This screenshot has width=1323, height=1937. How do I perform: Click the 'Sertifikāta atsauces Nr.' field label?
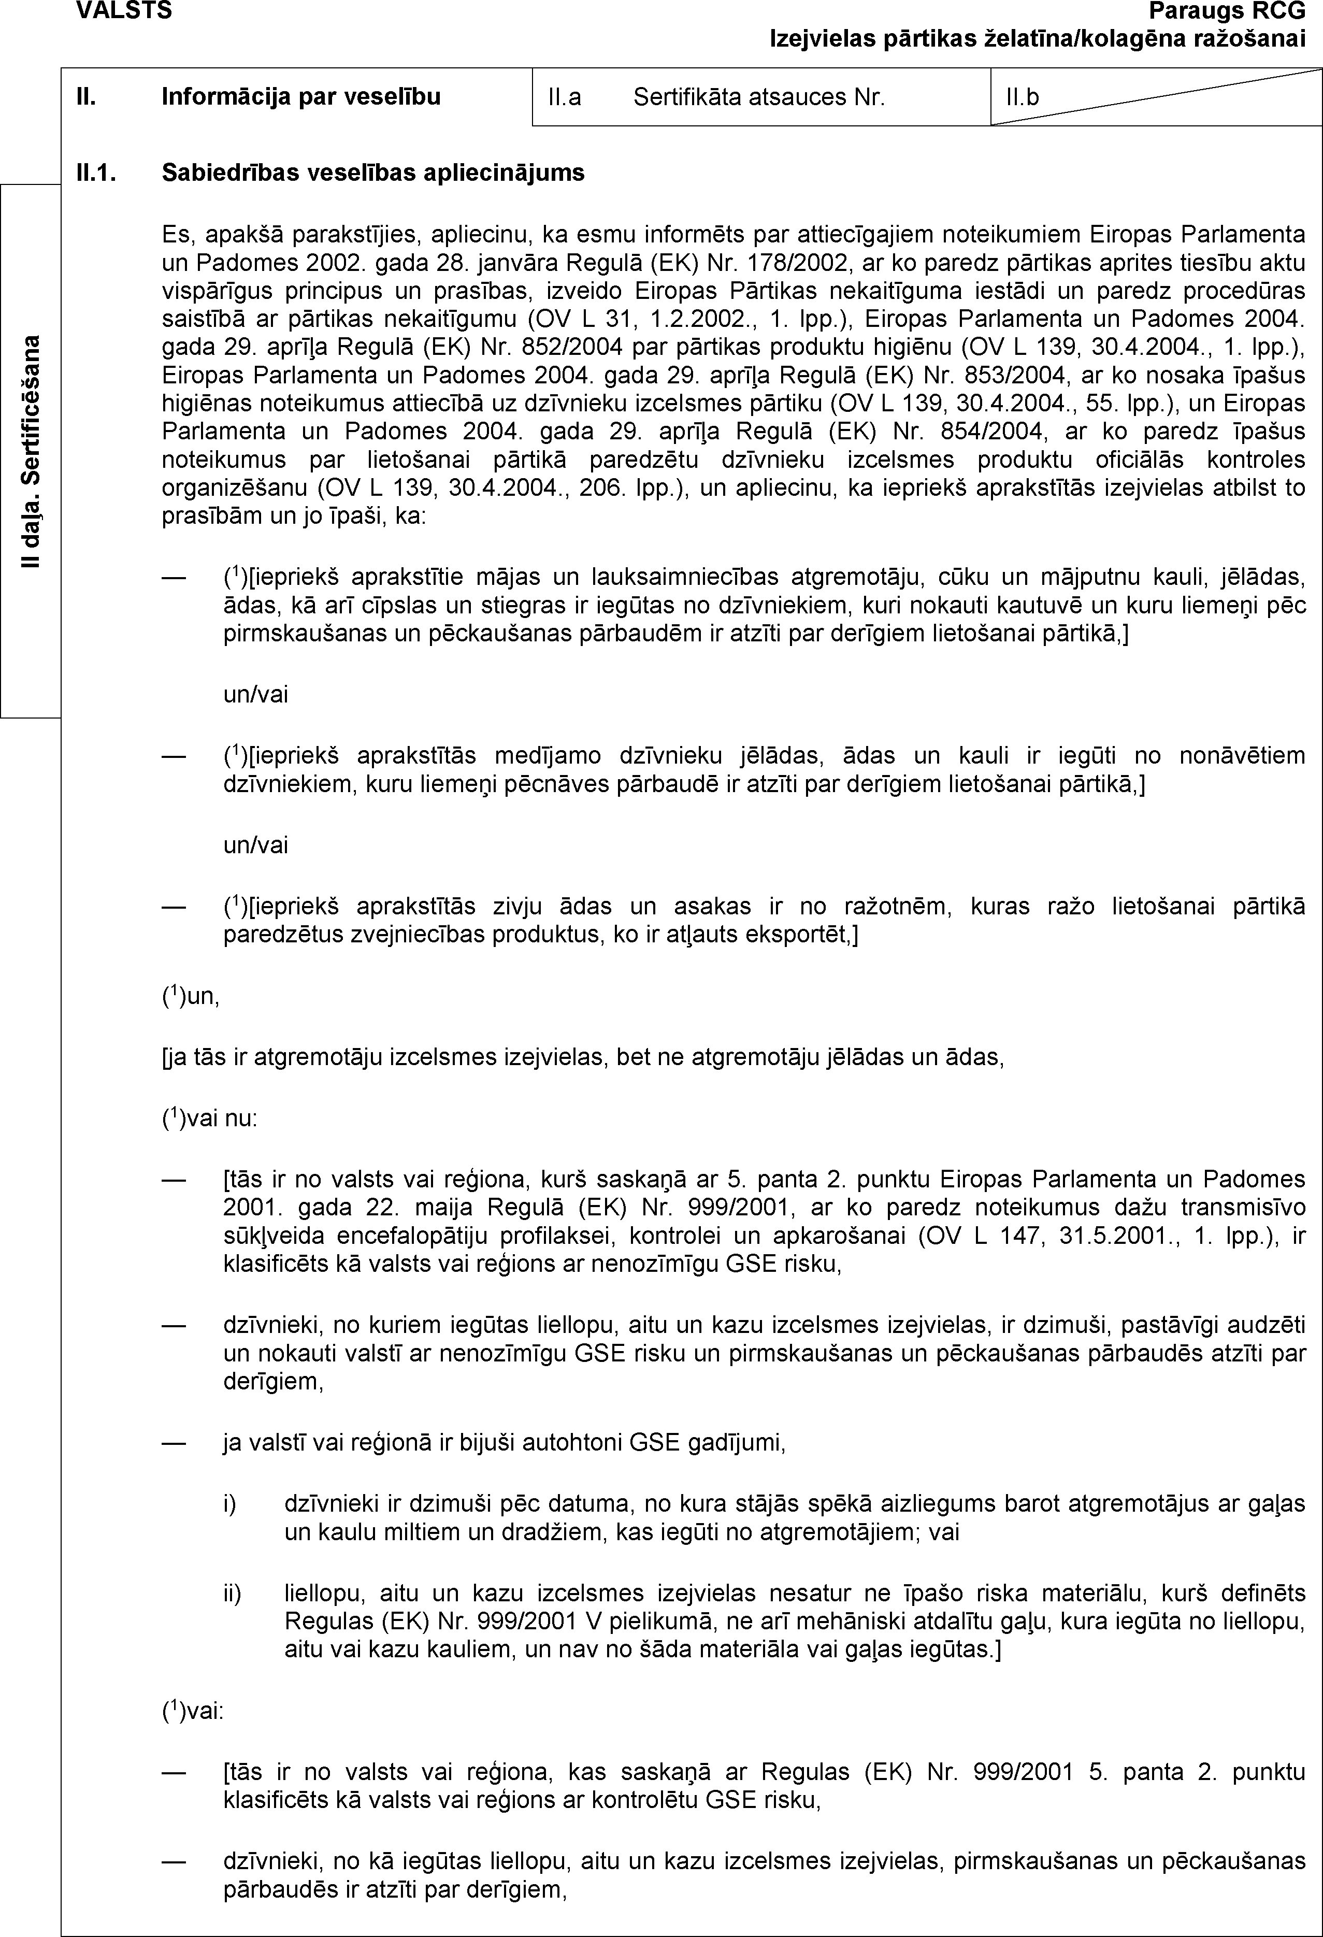[758, 98]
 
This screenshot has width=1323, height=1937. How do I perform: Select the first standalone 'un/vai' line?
[255, 694]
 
